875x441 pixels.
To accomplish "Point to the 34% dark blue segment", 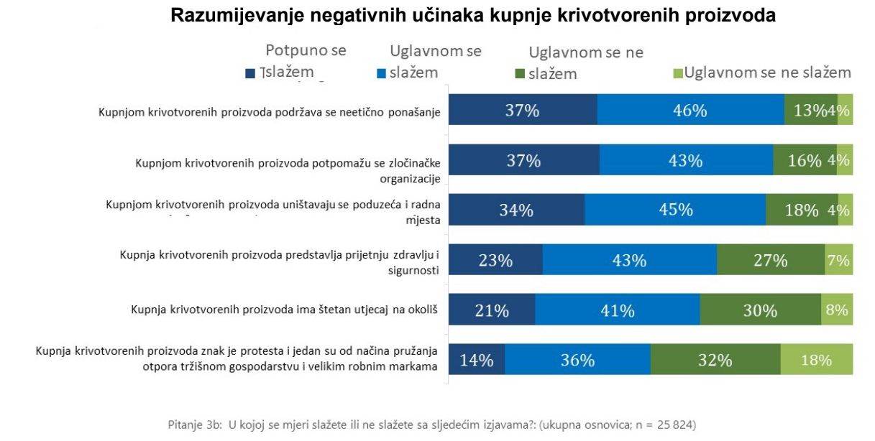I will (516, 210).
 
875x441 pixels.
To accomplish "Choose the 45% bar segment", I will (674, 210).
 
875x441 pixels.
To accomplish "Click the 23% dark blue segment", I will (495, 259).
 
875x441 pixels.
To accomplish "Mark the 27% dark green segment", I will (770, 259).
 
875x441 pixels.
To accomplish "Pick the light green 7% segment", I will (838, 259).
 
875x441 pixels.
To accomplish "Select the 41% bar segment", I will (617, 310).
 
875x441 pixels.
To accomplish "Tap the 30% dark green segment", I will (760, 310).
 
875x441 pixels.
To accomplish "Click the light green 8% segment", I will (837, 310).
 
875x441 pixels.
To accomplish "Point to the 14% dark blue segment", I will (477, 359).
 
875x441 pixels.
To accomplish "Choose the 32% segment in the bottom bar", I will (715, 359).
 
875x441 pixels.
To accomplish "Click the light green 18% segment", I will (816, 359).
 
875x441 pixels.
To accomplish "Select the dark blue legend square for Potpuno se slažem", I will (250, 73).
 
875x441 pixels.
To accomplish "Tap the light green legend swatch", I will (677, 73).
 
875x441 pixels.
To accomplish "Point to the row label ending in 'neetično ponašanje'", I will (269, 112).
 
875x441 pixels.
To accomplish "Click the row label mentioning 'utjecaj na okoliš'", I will (285, 310).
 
